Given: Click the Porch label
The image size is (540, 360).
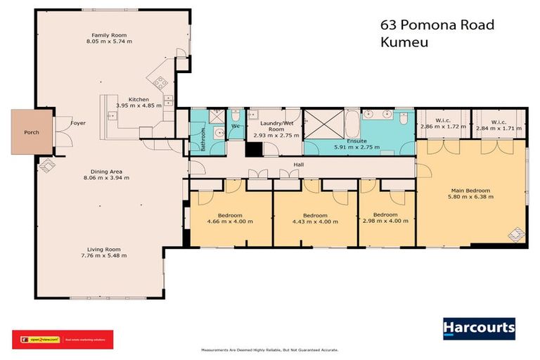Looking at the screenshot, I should pyautogui.click(x=32, y=132).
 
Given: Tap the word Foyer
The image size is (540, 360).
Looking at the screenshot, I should pyautogui.click(x=78, y=122).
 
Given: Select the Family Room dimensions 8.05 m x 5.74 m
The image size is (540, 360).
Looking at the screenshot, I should pyautogui.click(x=112, y=41).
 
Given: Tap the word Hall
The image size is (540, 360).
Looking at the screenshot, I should pyautogui.click(x=298, y=167).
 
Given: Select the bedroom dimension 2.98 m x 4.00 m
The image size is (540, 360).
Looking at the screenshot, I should pyautogui.click(x=385, y=221).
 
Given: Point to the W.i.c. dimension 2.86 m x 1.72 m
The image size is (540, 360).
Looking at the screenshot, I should pyautogui.click(x=443, y=128).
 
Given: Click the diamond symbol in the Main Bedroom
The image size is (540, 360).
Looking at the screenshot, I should pyautogui.click(x=517, y=233).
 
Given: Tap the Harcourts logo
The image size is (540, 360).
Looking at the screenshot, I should pyautogui.click(x=478, y=328).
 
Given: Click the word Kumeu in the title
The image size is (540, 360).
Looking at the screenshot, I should pyautogui.click(x=404, y=41).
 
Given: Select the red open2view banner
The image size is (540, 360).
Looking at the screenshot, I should pyautogui.click(x=63, y=339).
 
